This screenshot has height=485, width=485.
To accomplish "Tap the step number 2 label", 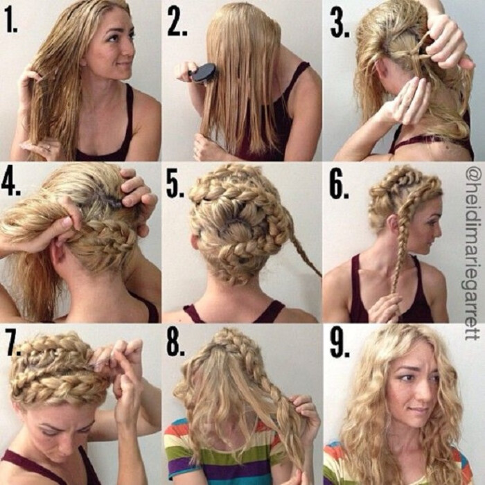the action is point(177,21).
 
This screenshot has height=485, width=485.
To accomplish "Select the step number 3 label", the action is point(340,22).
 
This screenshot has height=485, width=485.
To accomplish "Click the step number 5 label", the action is point(175,184).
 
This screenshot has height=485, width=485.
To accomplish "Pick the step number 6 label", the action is point(339,186).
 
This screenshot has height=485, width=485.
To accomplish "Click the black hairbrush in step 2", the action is point(202,73).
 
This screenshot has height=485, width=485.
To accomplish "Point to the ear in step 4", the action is point(60,254).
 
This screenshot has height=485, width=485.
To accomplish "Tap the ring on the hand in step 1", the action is point(48,148).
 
